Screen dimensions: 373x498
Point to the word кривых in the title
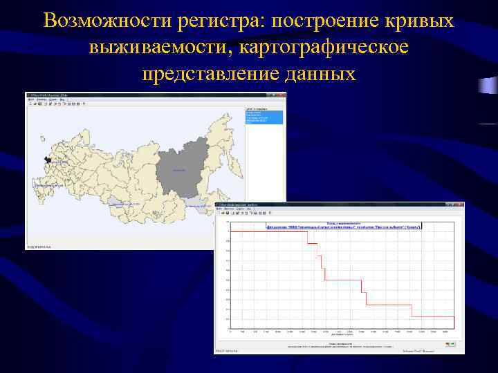coord(422,21)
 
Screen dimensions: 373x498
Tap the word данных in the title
coord(320,73)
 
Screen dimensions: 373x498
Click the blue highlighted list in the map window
coord(264,117)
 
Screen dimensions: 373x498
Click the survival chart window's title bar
coord(339,205)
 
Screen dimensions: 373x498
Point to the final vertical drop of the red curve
coord(412,310)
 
